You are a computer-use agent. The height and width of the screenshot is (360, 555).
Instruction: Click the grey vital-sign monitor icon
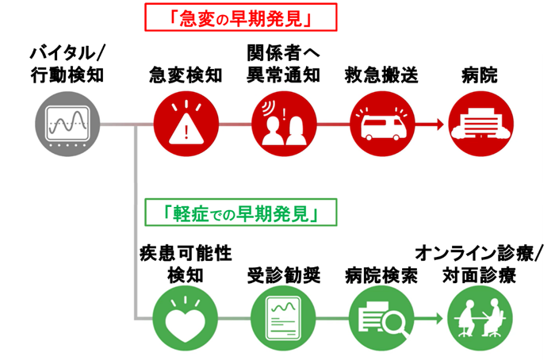coord(67,124)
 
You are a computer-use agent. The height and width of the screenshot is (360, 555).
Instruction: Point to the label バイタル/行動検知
coord(67,65)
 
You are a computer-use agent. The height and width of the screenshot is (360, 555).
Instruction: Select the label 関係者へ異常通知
coord(282,65)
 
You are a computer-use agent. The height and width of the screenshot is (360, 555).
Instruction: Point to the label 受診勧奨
coord(282,275)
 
